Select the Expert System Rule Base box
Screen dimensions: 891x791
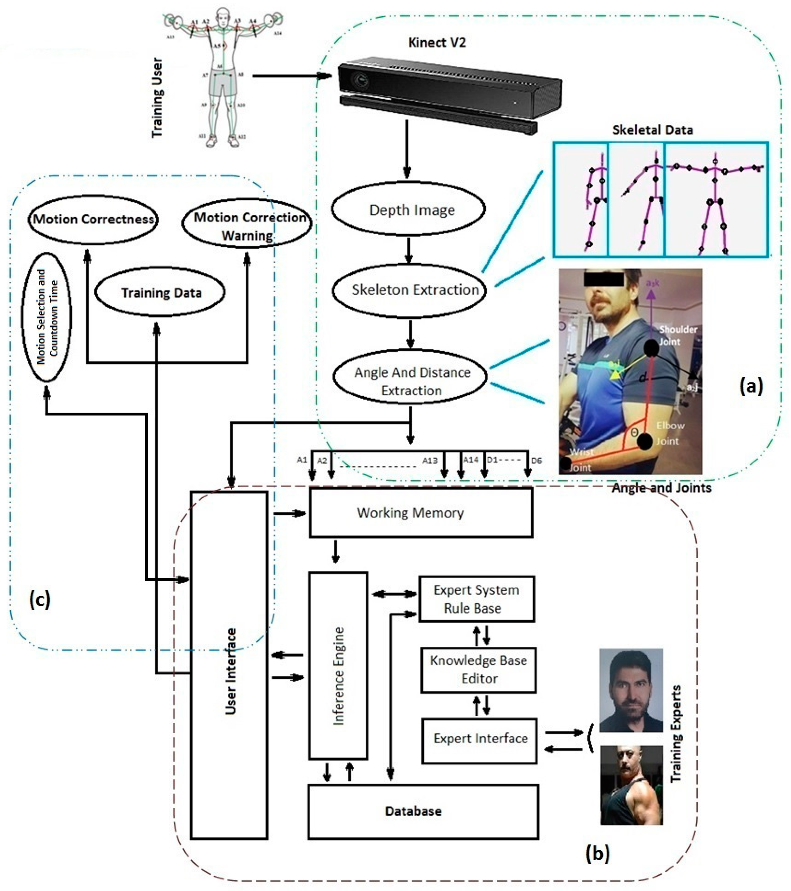point(476,599)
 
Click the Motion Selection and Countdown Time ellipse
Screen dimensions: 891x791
point(47,317)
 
